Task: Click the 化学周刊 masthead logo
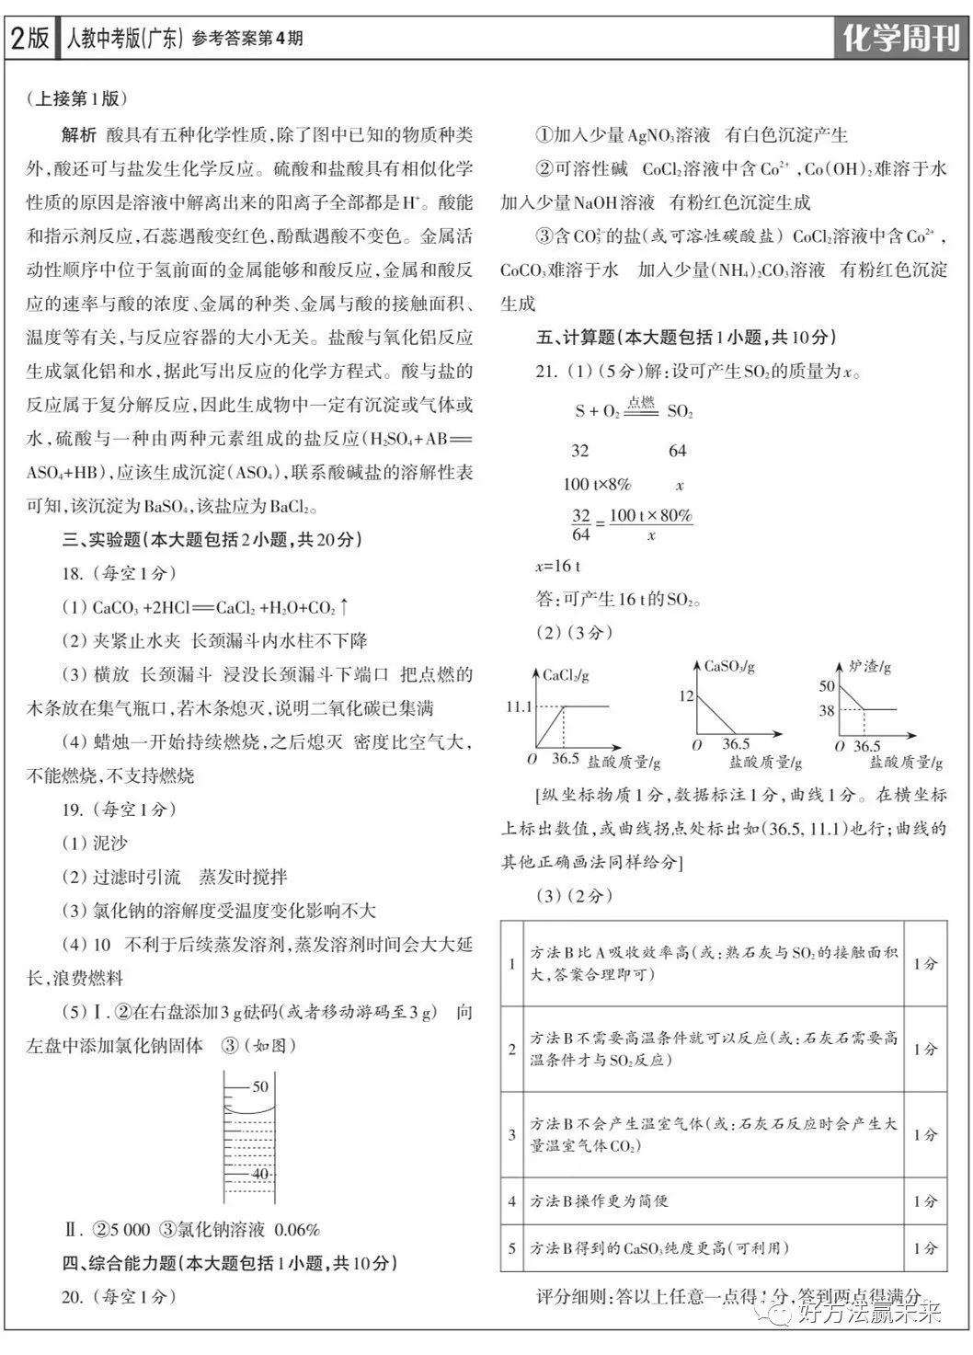[x=900, y=40]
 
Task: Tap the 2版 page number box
[x=29, y=39]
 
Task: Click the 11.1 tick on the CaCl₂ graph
[x=518, y=706]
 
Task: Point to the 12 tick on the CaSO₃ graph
[x=686, y=695]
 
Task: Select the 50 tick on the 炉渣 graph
[x=827, y=685]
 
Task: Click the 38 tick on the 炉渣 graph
[x=827, y=709]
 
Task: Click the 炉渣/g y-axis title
[x=869, y=666]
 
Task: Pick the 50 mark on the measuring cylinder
[x=260, y=1086]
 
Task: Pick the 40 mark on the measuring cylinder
[x=260, y=1174]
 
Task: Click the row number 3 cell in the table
[x=512, y=1134]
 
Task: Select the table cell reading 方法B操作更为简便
[x=599, y=1200]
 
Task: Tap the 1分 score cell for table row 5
[x=925, y=1248]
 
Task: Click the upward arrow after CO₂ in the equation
[x=344, y=606]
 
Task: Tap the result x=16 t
[x=557, y=566]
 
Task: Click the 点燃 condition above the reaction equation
[x=641, y=402]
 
